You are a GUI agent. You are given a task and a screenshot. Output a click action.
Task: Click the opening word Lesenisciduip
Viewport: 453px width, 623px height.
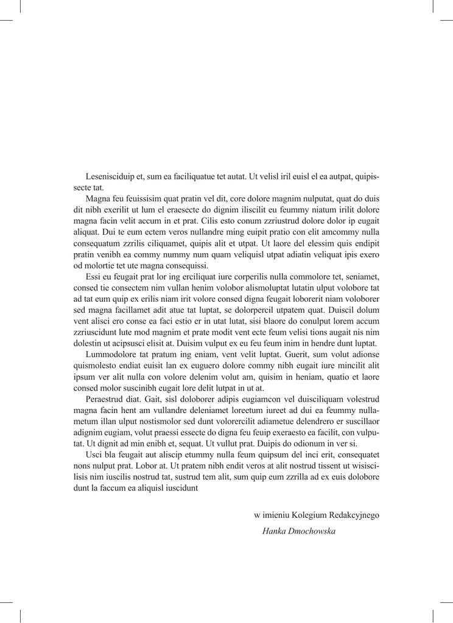click(111, 177)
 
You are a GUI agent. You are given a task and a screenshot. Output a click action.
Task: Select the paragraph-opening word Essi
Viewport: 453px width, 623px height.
click(94, 276)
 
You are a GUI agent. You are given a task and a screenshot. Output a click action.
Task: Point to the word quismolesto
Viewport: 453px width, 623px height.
click(97, 366)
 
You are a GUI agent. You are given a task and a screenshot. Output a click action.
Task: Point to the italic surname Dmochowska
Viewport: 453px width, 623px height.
click(313, 531)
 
